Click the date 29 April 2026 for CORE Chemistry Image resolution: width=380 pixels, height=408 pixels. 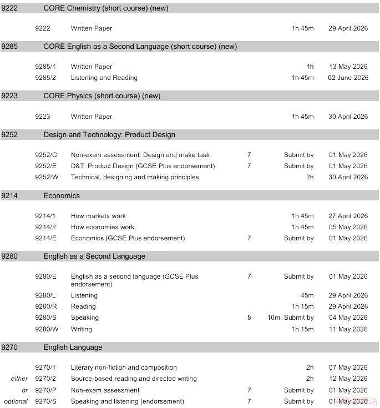pos(348,28)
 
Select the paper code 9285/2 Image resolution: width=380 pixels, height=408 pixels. pos(45,78)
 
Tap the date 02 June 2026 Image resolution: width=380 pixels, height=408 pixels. pos(348,78)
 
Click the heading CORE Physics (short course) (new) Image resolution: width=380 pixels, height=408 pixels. pos(102,96)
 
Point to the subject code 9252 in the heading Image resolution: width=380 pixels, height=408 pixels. pos(9,135)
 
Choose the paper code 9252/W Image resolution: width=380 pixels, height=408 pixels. pos(46,177)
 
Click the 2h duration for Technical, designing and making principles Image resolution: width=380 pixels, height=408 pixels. pos(310,177)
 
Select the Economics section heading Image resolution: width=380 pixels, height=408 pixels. pos(62,196)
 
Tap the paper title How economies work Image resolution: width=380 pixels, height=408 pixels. pos(103,227)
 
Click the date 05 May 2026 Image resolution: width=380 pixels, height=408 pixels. pos(348,227)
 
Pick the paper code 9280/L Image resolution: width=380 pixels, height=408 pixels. pos(45,295)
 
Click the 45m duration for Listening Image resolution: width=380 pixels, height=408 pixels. pos(307,295)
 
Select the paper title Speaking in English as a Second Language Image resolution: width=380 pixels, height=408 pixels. pos(85,318)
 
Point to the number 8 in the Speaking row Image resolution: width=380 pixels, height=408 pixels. pos(249,318)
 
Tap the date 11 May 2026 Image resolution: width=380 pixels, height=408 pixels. pos(348,329)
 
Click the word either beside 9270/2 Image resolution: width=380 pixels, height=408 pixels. pos(19,379)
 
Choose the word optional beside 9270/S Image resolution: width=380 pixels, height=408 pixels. pos(16,401)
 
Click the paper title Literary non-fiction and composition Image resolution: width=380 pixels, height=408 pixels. pos(124,367)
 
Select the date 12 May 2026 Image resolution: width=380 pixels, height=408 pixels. pos(348,379)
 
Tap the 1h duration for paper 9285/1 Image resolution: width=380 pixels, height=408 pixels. pos(310,67)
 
